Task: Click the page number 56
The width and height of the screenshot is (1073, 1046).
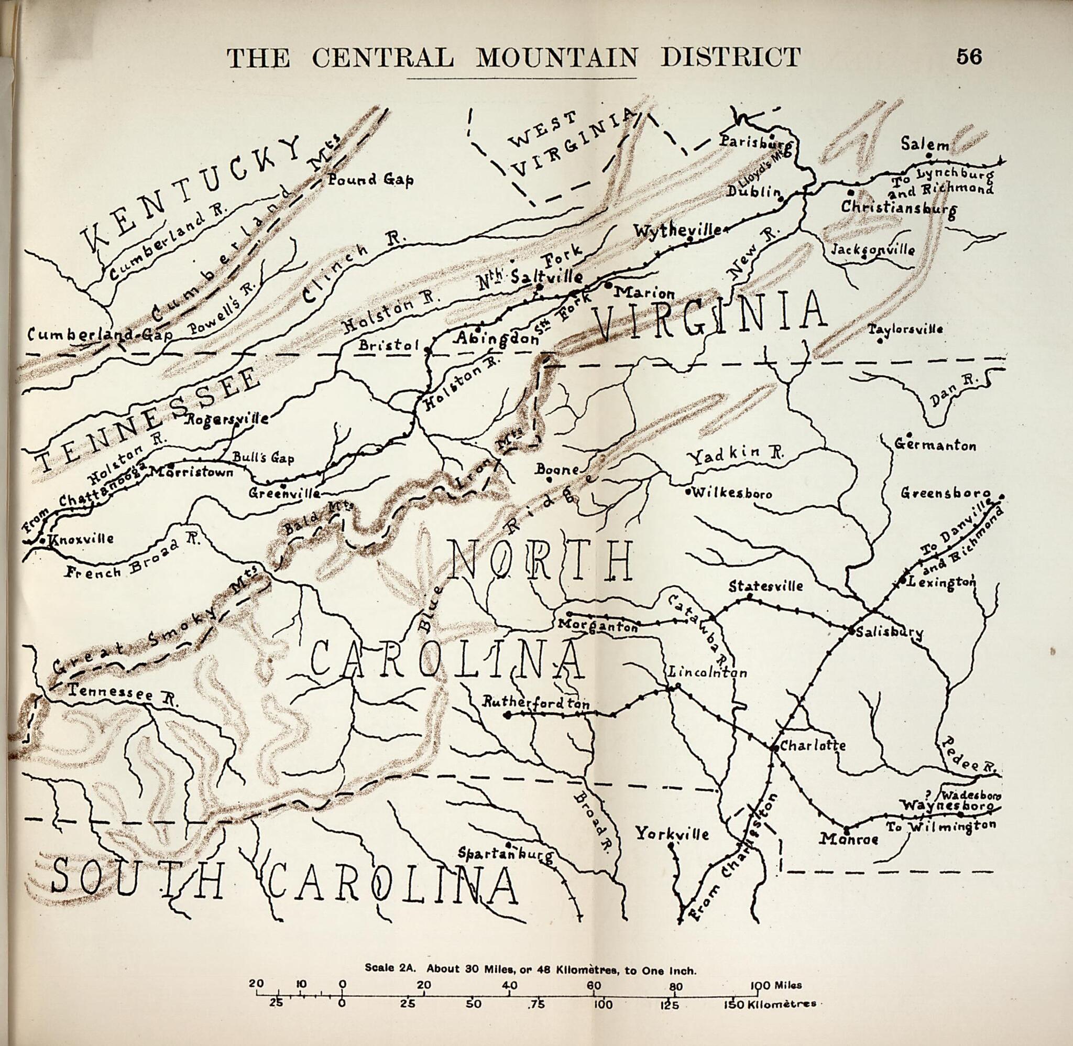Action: tap(969, 57)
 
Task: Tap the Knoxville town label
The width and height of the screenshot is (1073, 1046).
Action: tap(81, 538)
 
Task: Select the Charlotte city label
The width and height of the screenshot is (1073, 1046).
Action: tap(812, 746)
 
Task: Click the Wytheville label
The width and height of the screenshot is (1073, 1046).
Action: tap(677, 231)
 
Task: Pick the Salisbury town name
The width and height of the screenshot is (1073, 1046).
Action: tap(889, 632)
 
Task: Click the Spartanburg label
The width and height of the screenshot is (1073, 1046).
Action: tap(506, 854)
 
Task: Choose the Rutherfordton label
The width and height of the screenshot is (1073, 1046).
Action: tap(535, 703)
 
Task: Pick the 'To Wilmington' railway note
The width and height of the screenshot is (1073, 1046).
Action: tap(940, 826)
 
